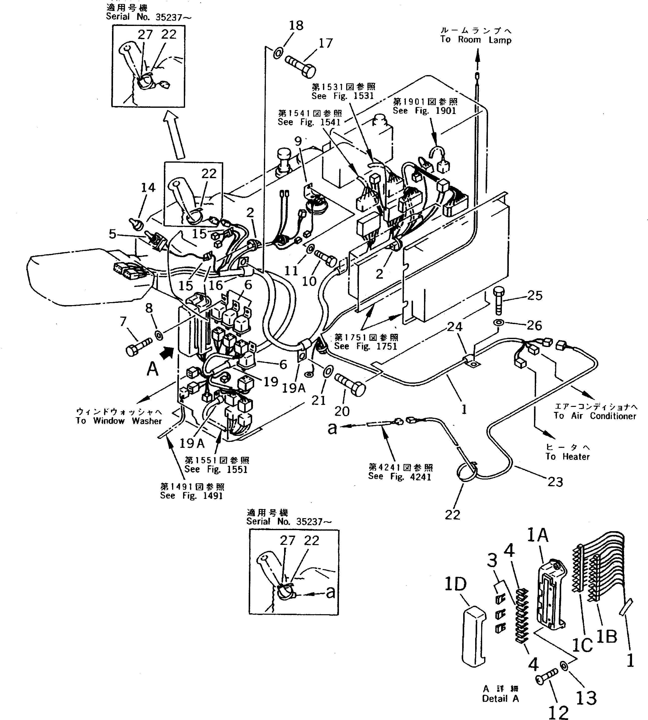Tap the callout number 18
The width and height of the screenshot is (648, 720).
(x=296, y=26)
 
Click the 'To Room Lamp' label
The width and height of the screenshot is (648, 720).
(x=476, y=40)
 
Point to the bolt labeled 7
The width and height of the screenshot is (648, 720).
(x=139, y=345)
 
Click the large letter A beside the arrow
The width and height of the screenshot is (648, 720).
(x=152, y=369)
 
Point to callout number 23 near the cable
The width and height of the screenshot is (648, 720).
(x=555, y=482)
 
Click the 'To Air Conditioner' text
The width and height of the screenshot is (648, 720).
(x=595, y=416)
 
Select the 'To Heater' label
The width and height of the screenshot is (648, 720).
(x=567, y=457)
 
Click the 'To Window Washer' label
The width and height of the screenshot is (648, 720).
(x=119, y=421)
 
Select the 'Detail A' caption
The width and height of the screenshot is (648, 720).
(x=500, y=699)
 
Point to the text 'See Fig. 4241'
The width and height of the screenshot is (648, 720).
(x=400, y=477)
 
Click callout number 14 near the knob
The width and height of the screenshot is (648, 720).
(x=148, y=187)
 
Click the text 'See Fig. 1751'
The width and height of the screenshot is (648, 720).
(x=365, y=346)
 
